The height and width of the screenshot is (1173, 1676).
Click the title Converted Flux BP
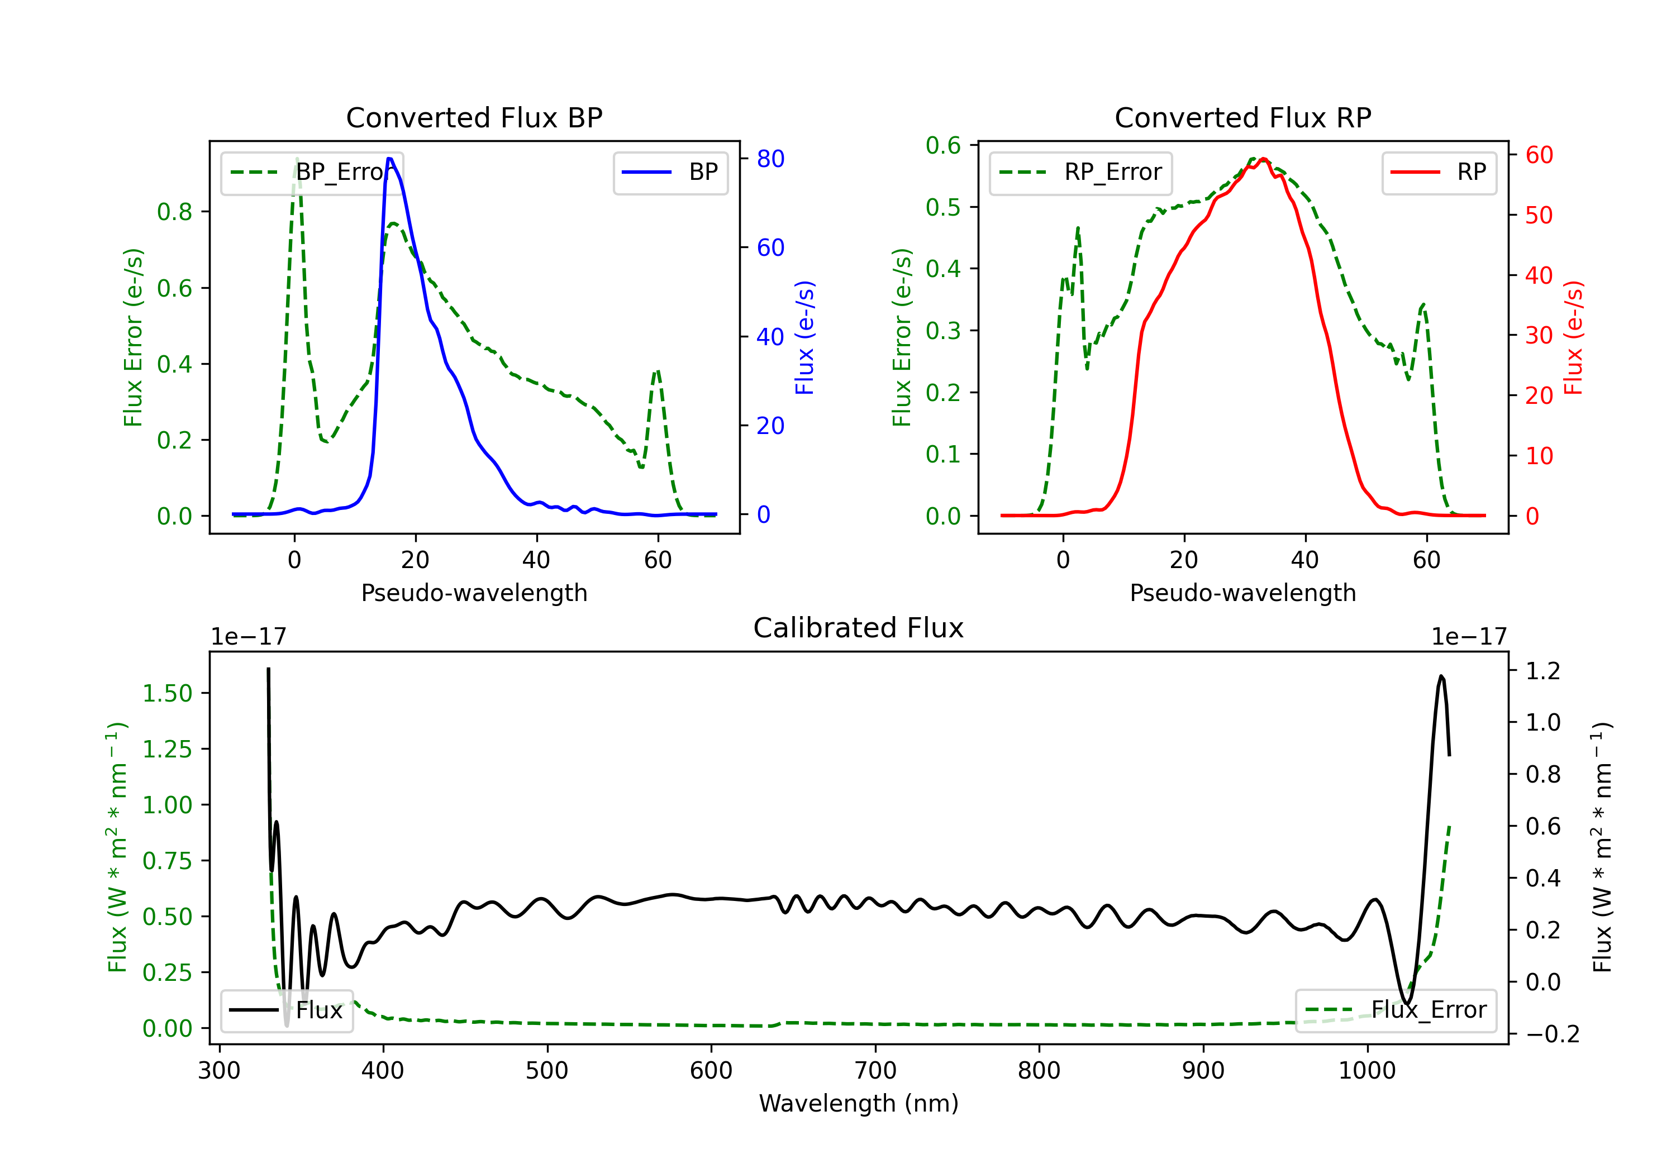[x=474, y=117]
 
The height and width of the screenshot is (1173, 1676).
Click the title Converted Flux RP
[x=1242, y=117]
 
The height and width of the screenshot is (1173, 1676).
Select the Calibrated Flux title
[x=859, y=628]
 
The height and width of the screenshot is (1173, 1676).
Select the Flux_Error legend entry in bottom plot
[x=1395, y=1010]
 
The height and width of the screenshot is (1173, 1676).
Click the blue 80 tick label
[x=770, y=159]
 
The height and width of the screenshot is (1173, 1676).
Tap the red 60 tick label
[x=1539, y=155]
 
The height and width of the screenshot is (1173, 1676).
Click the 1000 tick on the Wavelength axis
[x=1366, y=1070]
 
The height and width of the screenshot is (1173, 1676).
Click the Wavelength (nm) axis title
[x=859, y=1104]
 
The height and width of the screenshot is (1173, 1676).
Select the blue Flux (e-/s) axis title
[x=804, y=337]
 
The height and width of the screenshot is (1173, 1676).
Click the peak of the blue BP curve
[x=390, y=159]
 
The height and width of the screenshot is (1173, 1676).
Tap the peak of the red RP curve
[x=1263, y=159]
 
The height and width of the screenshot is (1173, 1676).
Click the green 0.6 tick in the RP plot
[x=943, y=146]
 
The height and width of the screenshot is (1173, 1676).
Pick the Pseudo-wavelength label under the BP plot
[x=474, y=593]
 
